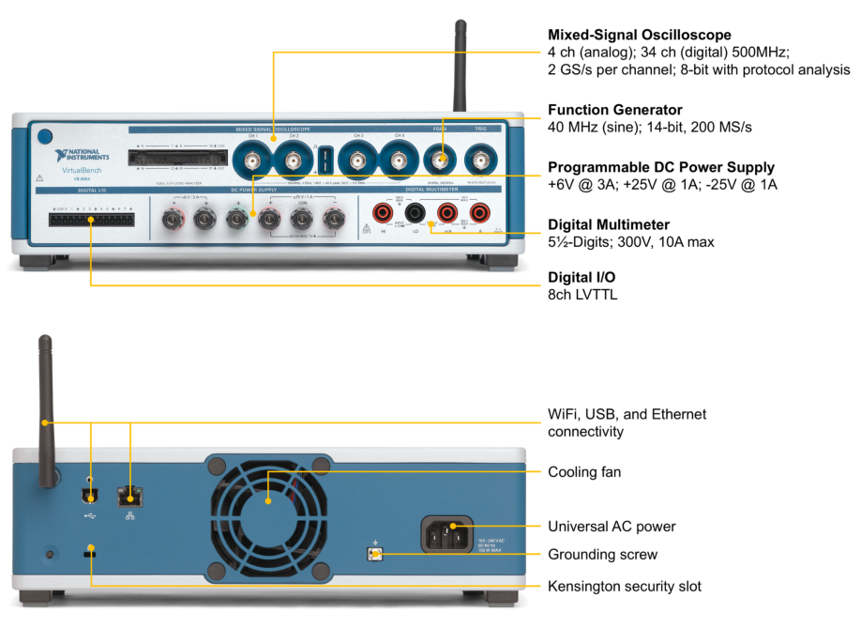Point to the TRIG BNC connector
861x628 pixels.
482,161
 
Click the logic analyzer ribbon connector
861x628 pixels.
177,158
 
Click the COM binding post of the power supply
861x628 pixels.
300,221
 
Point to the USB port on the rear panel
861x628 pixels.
89,496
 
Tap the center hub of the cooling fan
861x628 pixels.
268,497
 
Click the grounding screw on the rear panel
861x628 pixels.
376,554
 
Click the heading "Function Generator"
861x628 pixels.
614,110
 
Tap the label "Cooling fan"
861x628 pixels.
583,471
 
